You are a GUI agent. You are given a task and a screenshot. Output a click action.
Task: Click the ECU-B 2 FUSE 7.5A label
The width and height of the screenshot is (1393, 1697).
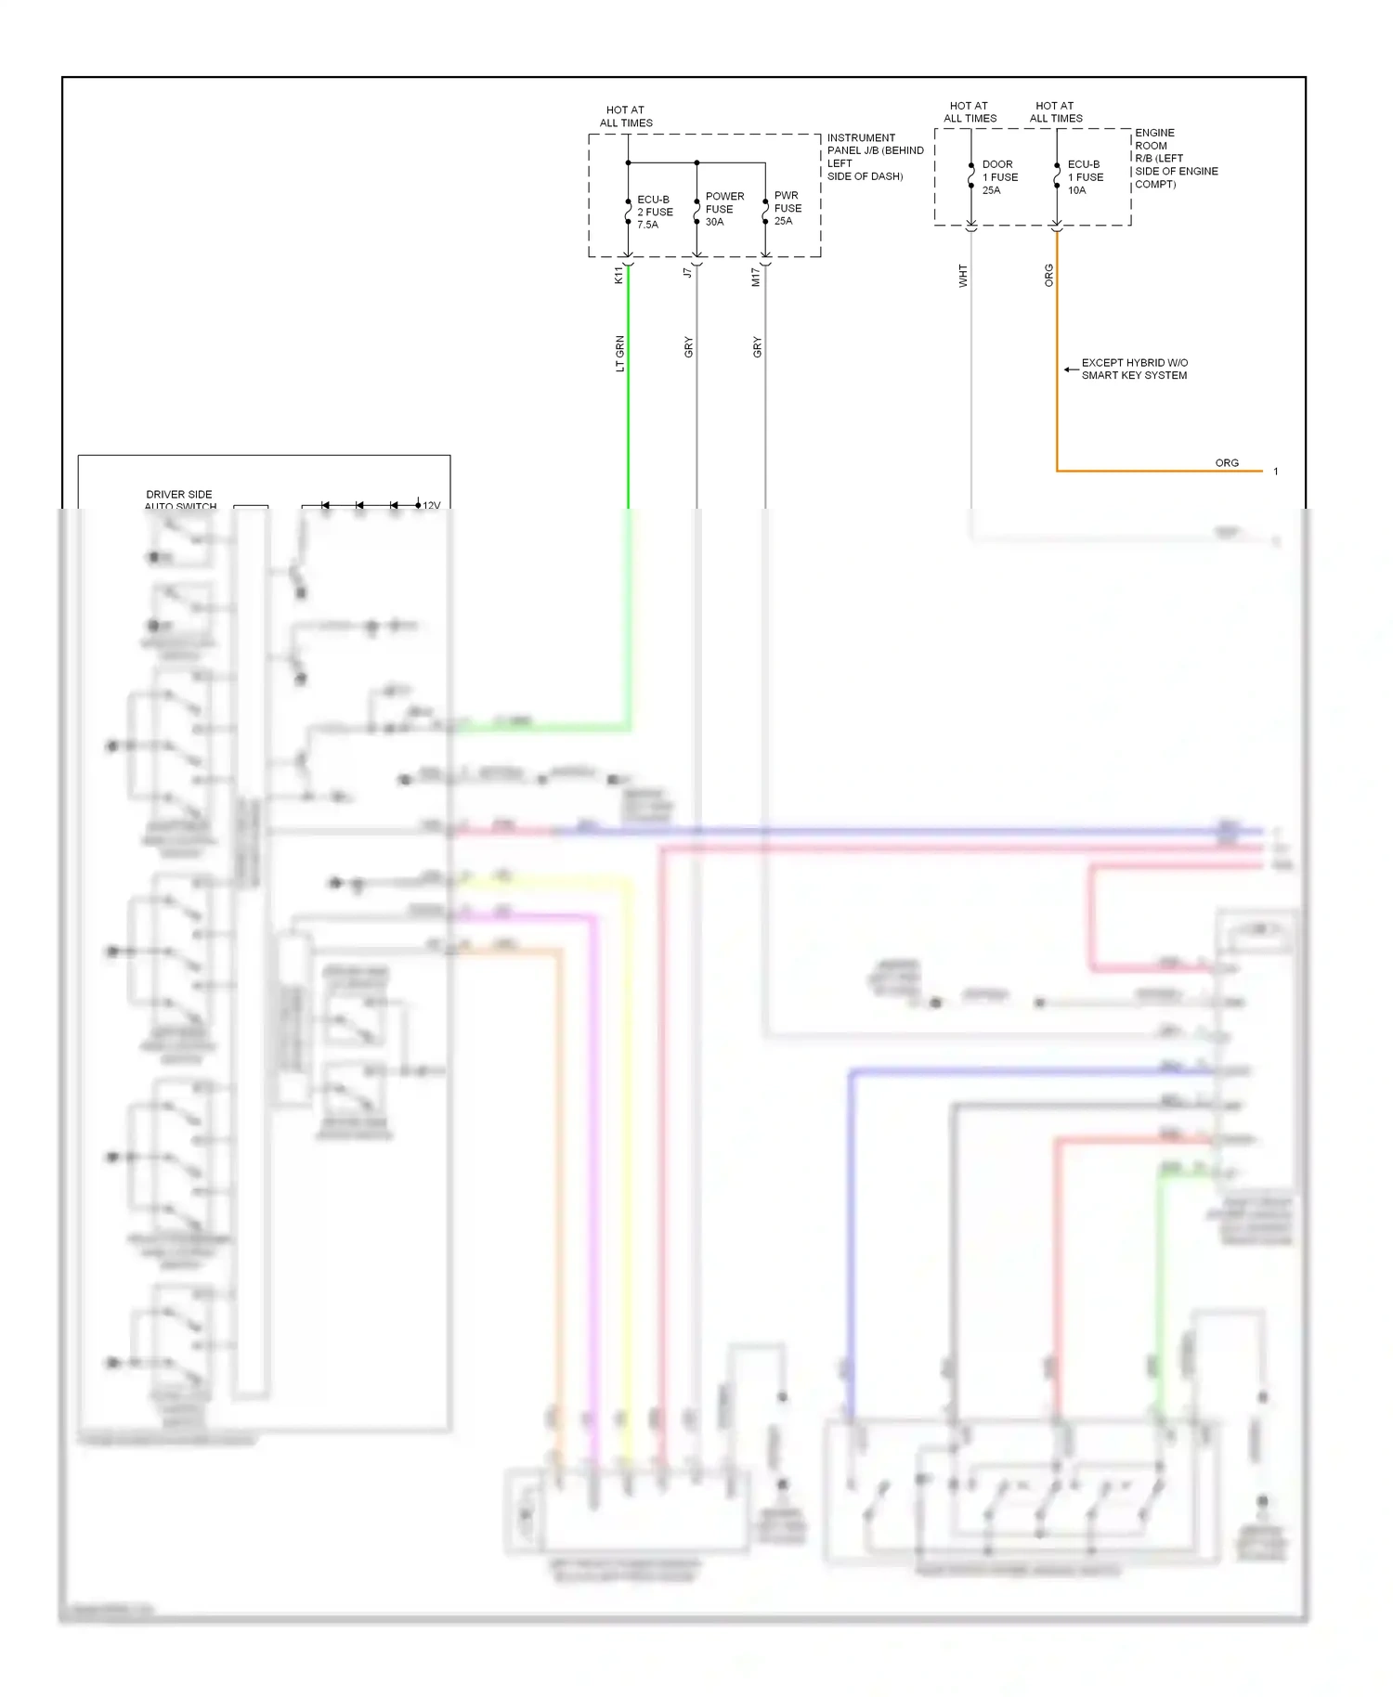654,213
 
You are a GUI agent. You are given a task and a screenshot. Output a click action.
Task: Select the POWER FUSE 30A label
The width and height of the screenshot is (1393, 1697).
723,209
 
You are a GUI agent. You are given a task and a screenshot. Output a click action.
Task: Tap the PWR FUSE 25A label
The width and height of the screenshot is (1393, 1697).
788,208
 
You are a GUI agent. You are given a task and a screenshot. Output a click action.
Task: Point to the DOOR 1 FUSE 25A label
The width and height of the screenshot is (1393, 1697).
999,177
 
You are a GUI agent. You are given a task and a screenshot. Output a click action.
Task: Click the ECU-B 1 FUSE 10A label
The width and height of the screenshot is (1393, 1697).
1085,177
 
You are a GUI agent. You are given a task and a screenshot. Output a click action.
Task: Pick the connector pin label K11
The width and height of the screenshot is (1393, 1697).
618,275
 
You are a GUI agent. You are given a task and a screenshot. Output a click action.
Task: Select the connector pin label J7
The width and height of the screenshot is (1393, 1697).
687,272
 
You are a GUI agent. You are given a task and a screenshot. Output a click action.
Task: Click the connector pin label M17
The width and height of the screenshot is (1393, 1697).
756,277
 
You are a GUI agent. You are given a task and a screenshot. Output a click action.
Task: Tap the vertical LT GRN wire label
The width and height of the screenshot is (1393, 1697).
619,354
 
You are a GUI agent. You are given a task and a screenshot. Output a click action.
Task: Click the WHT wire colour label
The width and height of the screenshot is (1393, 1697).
963,276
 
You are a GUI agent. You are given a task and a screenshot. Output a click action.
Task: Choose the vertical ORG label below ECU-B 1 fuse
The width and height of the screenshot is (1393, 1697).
1049,275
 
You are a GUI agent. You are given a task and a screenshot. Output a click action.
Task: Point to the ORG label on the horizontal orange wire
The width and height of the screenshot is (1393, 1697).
1227,462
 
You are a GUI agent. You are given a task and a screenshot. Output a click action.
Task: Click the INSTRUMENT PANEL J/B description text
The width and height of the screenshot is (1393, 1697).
874,157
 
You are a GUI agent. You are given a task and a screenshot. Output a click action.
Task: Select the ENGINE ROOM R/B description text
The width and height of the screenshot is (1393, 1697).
1175,159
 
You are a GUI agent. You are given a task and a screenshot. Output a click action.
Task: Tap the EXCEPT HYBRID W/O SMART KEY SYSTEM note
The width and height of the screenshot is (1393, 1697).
1134,369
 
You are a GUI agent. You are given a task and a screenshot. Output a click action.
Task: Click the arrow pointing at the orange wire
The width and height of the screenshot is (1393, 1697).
1071,369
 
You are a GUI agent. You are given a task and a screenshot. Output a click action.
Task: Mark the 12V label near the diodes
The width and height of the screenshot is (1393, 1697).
432,505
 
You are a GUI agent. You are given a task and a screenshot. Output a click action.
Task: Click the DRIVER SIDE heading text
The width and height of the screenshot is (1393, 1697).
179,495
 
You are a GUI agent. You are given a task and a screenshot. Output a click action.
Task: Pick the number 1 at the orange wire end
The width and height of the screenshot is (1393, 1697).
1276,472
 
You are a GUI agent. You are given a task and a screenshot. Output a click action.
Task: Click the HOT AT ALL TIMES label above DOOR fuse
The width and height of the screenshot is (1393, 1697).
970,112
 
